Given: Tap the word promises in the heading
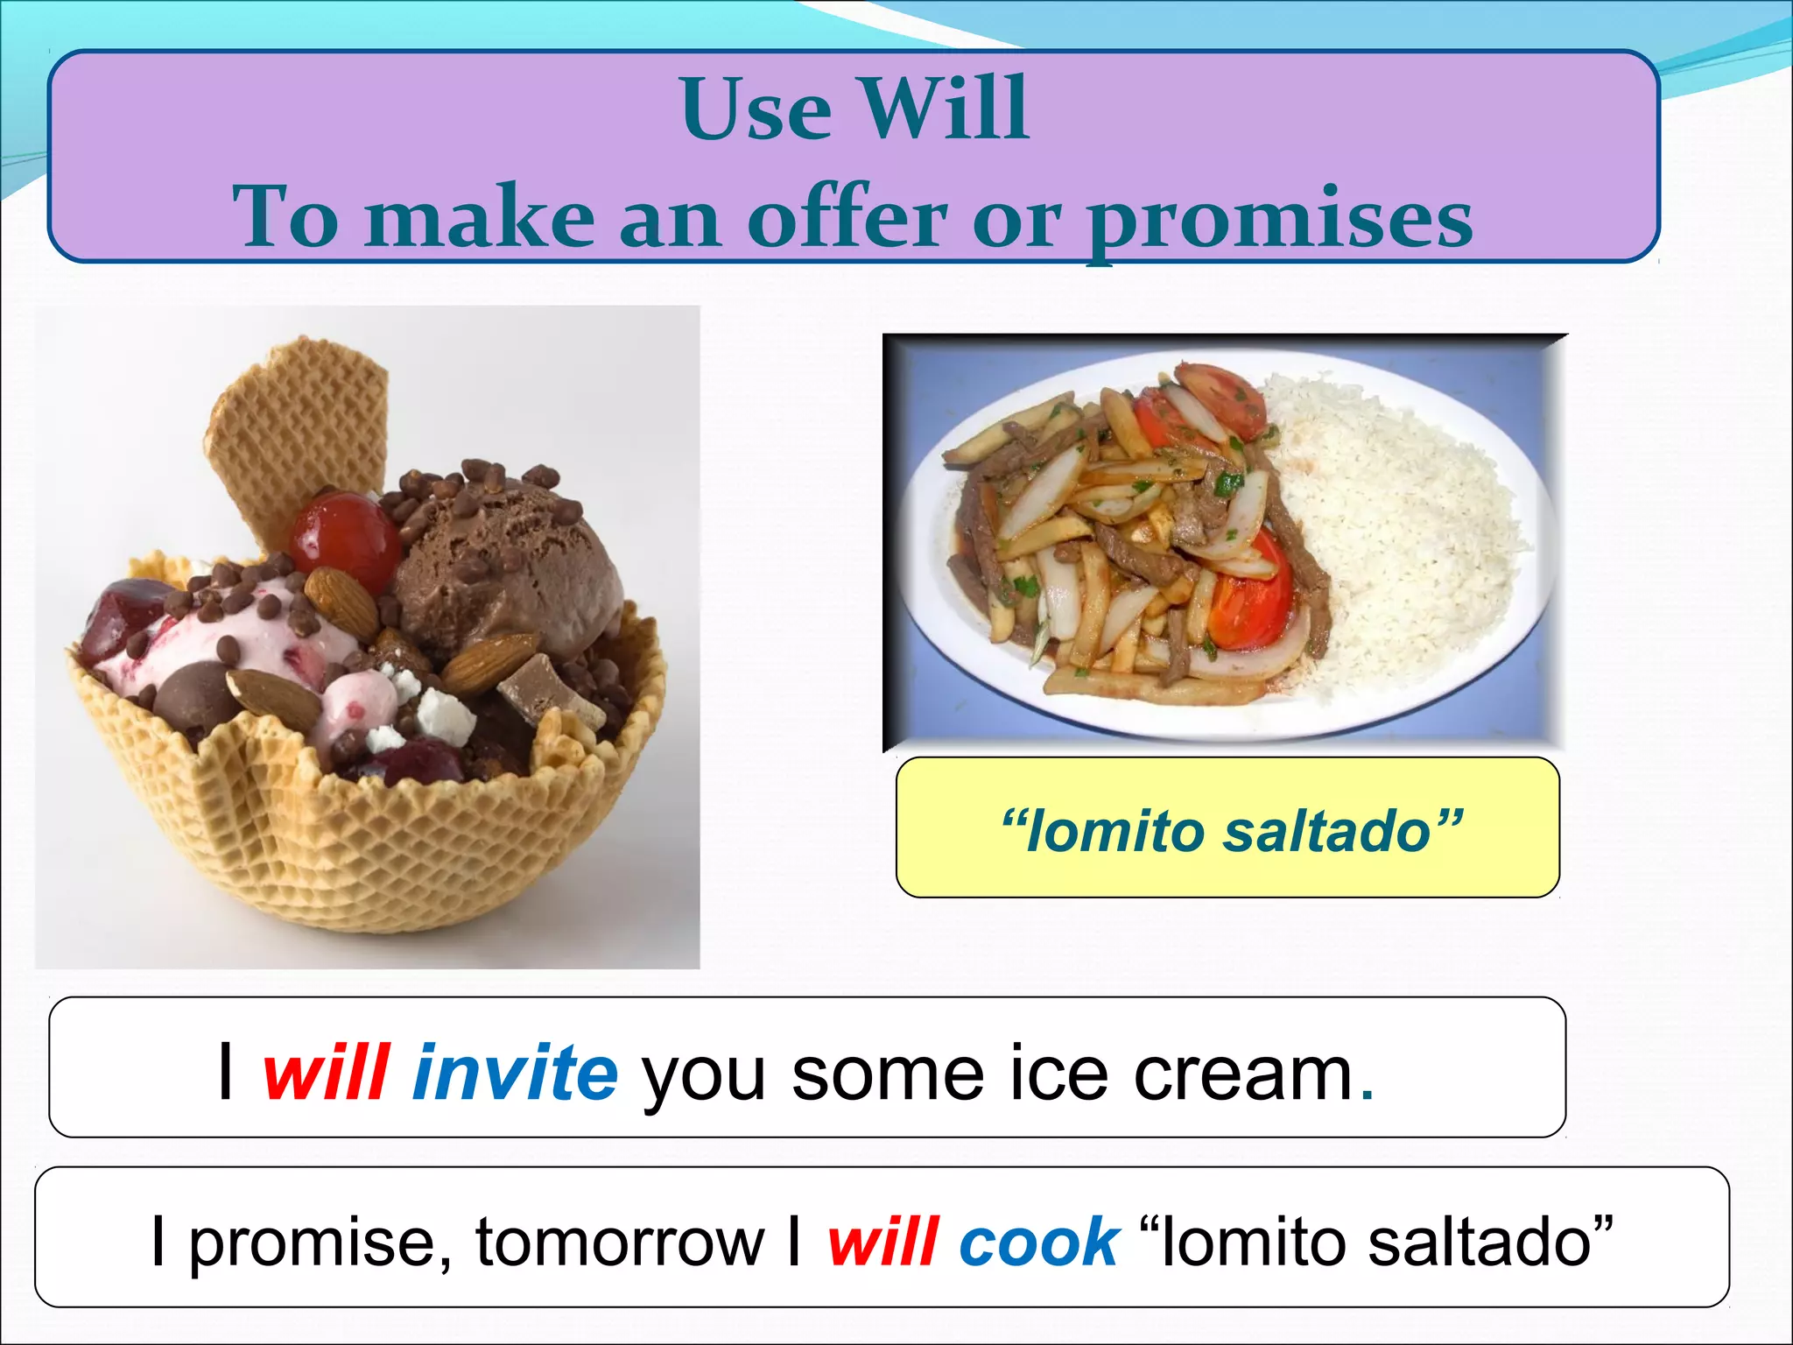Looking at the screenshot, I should (x=1280, y=219).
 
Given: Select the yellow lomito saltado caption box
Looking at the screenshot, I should (x=1227, y=828).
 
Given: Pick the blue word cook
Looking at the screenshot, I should (x=1038, y=1242).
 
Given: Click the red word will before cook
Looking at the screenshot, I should (x=884, y=1242).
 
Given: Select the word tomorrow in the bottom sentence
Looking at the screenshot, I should (x=620, y=1242).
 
